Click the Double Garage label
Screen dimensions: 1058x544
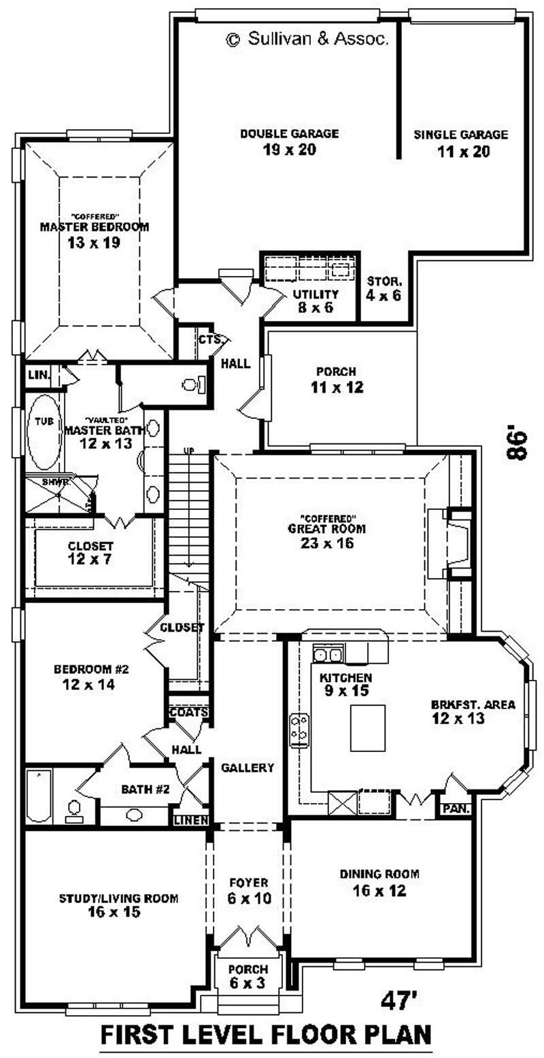point(289,141)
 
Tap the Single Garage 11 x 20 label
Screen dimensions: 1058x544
point(460,143)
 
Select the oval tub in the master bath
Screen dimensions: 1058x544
point(44,432)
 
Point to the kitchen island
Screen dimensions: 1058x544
point(367,728)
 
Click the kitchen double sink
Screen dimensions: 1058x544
point(328,655)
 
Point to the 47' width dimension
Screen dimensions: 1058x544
point(399,1000)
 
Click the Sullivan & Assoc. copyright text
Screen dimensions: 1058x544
point(307,40)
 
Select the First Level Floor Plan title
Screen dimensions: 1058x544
point(266,1035)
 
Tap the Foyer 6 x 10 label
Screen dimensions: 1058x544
point(248,890)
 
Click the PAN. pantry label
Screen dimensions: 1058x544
point(452,809)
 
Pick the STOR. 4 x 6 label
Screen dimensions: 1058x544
point(384,288)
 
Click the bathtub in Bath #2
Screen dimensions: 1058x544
point(37,795)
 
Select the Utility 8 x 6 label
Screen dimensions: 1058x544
point(316,301)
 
